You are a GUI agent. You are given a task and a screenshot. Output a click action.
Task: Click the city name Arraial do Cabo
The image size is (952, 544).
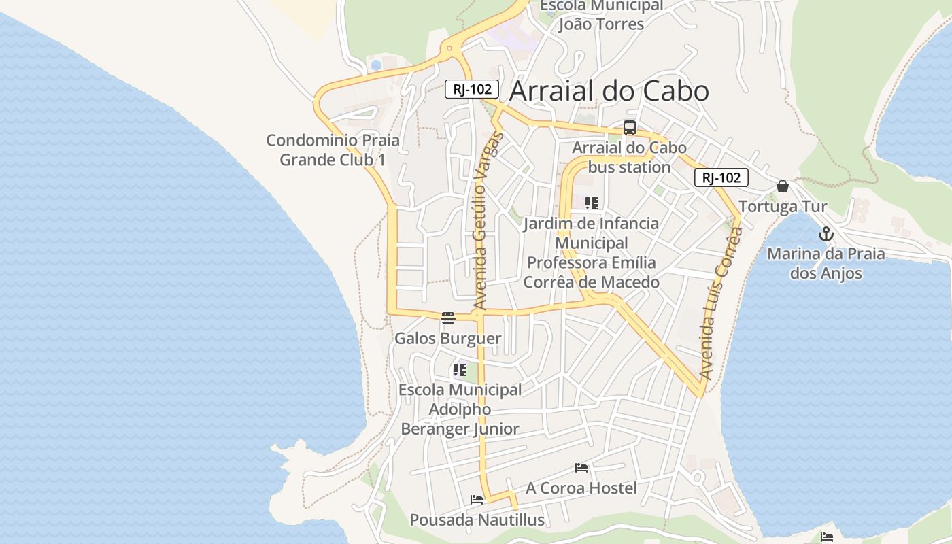[609, 91]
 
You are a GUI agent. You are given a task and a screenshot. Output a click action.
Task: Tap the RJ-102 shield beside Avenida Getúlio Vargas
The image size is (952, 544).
[472, 89]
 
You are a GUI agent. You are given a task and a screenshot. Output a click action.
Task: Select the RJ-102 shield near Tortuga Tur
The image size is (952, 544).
[721, 178]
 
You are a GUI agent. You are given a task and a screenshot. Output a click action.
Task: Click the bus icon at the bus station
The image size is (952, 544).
[630, 128]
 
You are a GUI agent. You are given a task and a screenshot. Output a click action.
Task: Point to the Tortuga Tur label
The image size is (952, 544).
[783, 207]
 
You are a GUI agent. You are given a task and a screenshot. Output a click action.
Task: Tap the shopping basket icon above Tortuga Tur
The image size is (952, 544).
[783, 186]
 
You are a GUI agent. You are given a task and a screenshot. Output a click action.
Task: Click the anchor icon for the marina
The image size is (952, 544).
[826, 235]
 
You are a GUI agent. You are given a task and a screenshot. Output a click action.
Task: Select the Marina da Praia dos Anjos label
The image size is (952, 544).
[826, 264]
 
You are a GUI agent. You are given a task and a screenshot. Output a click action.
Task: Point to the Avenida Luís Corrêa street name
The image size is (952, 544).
[719, 303]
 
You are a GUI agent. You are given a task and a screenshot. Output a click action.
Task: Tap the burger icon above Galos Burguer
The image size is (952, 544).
[447, 318]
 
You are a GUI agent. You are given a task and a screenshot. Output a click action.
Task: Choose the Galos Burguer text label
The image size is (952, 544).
[447, 338]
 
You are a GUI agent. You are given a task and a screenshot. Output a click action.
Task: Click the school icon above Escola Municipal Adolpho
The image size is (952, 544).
[460, 371]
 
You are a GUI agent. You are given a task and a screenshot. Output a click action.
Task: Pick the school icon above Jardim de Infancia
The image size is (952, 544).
[591, 203]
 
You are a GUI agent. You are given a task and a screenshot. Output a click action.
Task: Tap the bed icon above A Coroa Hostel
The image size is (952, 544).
[581, 468]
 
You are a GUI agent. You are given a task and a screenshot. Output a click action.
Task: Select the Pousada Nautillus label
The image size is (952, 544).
[477, 520]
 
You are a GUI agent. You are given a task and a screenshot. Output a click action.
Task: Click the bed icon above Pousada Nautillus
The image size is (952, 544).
[477, 500]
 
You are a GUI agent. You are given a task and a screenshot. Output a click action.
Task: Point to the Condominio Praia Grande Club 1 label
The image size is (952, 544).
[333, 150]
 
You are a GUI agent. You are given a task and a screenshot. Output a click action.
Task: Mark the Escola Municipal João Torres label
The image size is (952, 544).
[601, 15]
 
